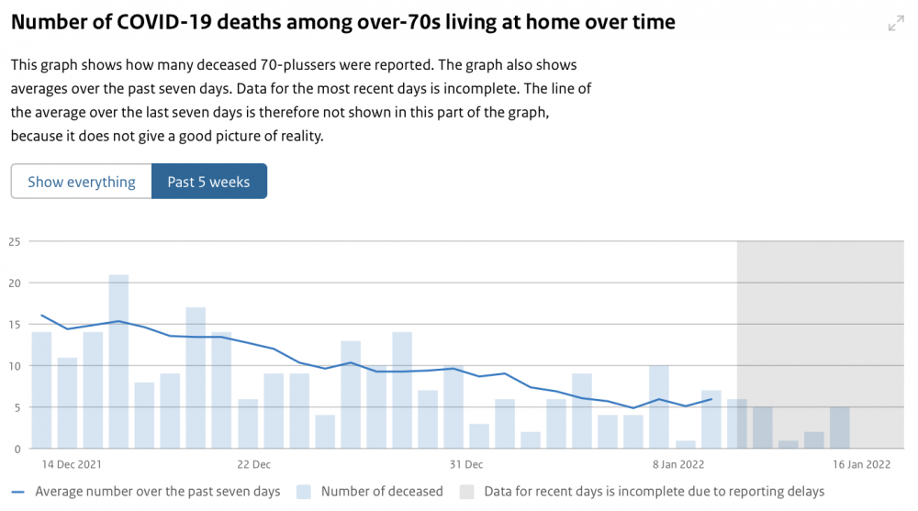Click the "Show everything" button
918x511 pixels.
82,182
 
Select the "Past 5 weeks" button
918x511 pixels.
209,182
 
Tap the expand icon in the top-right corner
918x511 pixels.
896,24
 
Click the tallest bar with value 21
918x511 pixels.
118,361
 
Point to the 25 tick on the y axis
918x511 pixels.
14,242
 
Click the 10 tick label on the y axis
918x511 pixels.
14,366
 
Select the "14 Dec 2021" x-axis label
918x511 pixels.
72,465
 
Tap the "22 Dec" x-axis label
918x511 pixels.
253,465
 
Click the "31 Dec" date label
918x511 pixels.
466,465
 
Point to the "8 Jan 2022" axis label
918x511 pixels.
678,465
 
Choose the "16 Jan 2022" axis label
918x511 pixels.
861,465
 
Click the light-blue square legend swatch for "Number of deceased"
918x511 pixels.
303,492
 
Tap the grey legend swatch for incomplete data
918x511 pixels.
466,492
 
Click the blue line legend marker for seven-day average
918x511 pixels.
17,493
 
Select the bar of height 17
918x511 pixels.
196,378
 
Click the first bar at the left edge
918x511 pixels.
41,391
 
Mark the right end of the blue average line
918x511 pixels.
711,399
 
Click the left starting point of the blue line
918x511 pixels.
41,316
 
